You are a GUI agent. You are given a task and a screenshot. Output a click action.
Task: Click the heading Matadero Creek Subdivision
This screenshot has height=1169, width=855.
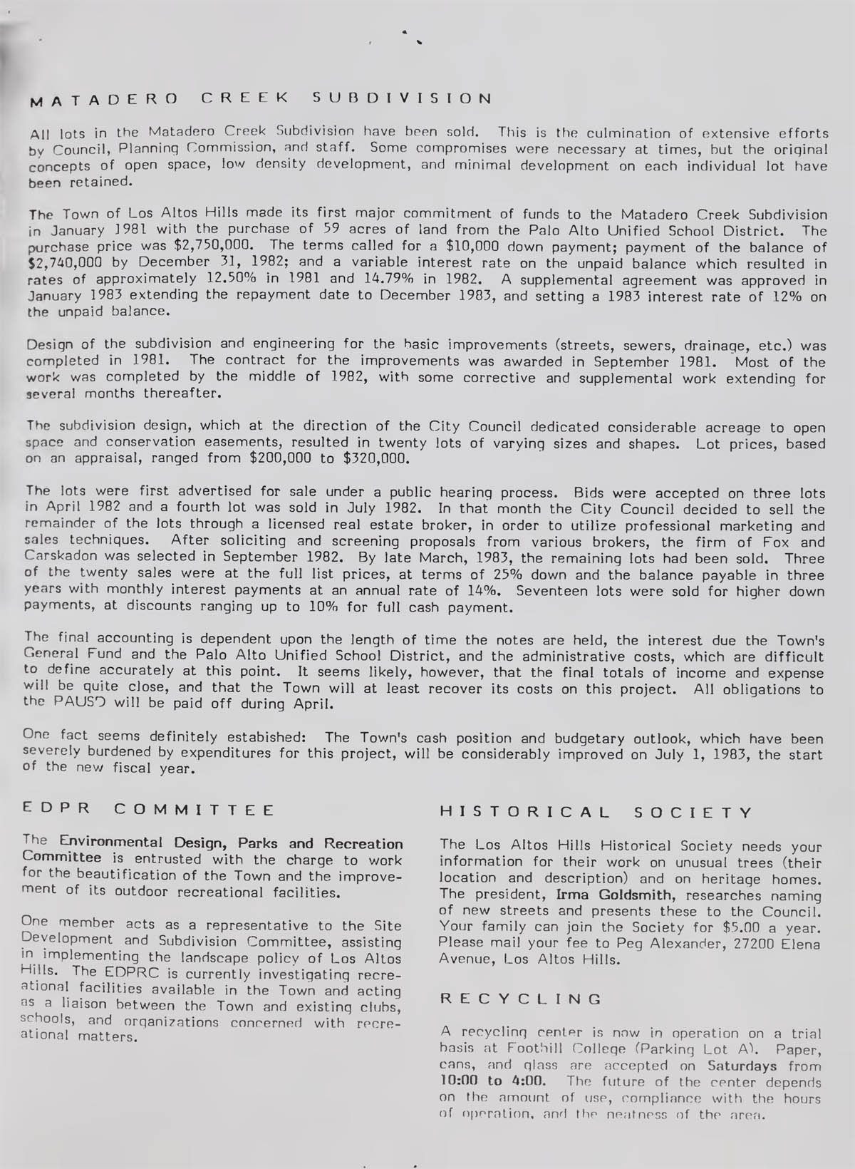pyautogui.click(x=260, y=98)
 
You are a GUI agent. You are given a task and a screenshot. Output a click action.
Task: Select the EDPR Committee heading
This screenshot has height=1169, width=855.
pyautogui.click(x=148, y=810)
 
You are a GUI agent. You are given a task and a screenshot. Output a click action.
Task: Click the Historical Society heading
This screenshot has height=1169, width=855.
pyautogui.click(x=596, y=813)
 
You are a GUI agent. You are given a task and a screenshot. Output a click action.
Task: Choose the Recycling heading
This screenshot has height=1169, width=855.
pyautogui.click(x=521, y=999)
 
